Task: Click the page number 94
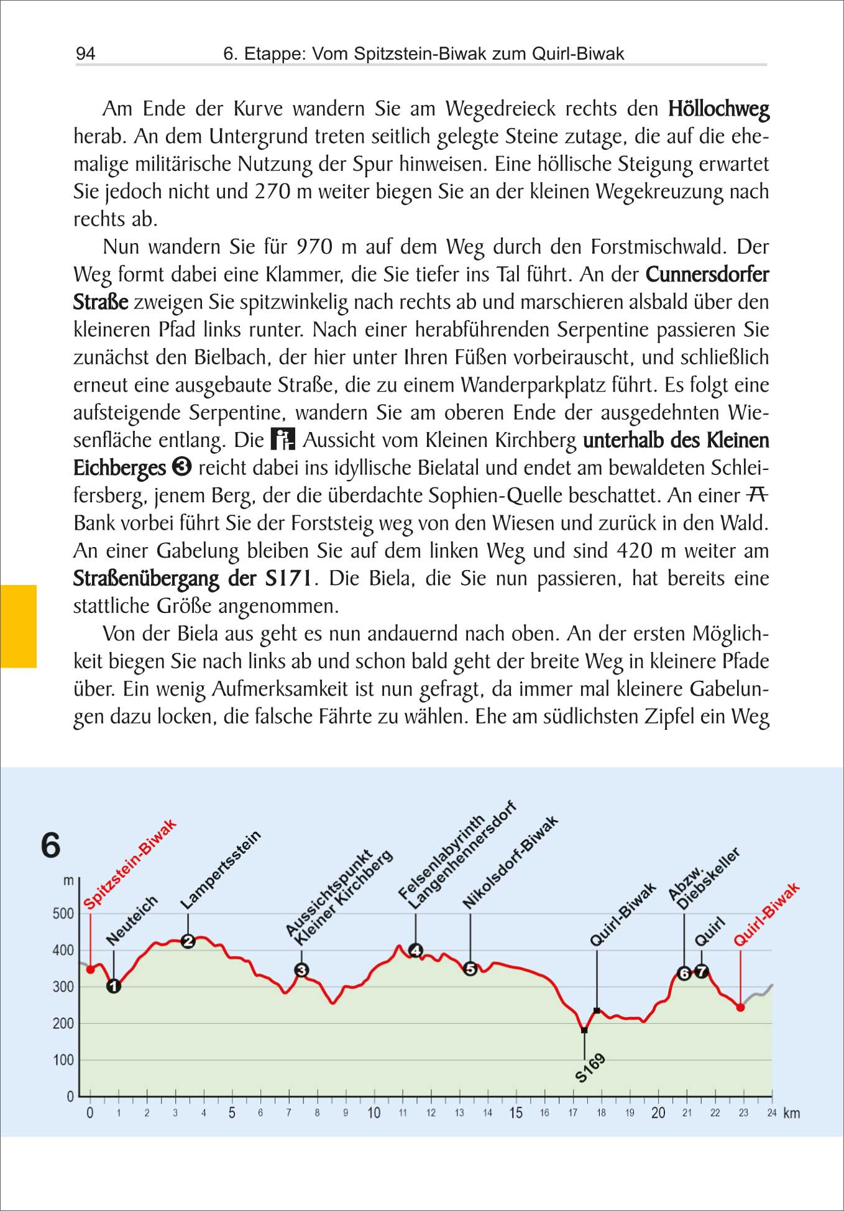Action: pos(85,53)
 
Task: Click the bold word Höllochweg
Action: pos(718,109)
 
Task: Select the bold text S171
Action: pos(288,578)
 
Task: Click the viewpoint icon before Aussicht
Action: pos(283,439)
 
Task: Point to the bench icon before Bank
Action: pos(756,495)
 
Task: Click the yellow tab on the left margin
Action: pos(19,626)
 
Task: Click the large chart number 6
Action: pos(51,845)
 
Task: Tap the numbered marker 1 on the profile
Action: pos(114,986)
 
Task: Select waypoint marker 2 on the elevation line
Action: pos(188,941)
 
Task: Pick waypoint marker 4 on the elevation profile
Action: pos(416,950)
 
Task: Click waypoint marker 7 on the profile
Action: pos(701,971)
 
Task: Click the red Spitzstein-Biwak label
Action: pos(130,865)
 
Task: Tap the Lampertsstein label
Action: pos(221,870)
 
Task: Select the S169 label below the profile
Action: pos(590,1068)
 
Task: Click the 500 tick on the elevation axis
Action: pos(63,914)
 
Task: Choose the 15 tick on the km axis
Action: pos(516,1113)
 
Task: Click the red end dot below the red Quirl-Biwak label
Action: pos(740,1008)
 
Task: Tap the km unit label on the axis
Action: pos(791,1113)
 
